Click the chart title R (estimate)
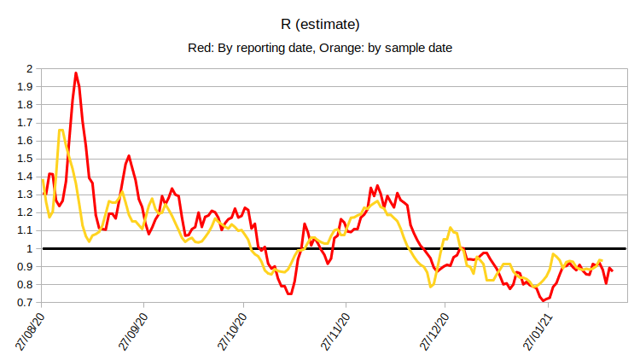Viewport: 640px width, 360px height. tap(319, 23)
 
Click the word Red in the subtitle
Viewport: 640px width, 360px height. tap(200, 48)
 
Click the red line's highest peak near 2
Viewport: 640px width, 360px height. tap(76, 73)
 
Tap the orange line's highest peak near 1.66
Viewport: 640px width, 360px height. tap(61, 130)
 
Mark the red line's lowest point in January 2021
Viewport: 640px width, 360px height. tap(542, 301)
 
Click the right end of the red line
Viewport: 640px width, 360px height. tap(612, 270)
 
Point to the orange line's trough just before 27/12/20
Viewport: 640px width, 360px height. tap(432, 286)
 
